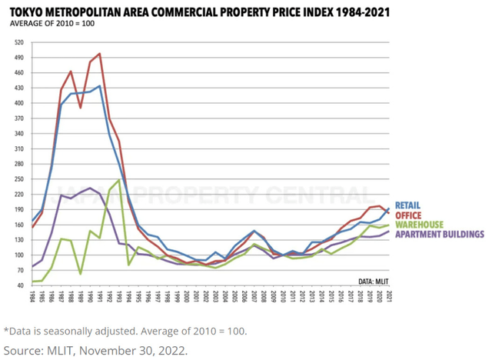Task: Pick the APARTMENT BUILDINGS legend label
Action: click(x=439, y=233)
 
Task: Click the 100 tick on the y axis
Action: click(x=18, y=255)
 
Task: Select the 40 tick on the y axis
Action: click(x=20, y=285)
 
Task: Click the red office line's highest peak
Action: click(x=100, y=54)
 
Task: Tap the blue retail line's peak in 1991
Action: click(x=100, y=85)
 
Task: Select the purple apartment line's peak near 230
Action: click(x=90, y=188)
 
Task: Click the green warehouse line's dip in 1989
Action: click(x=81, y=273)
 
